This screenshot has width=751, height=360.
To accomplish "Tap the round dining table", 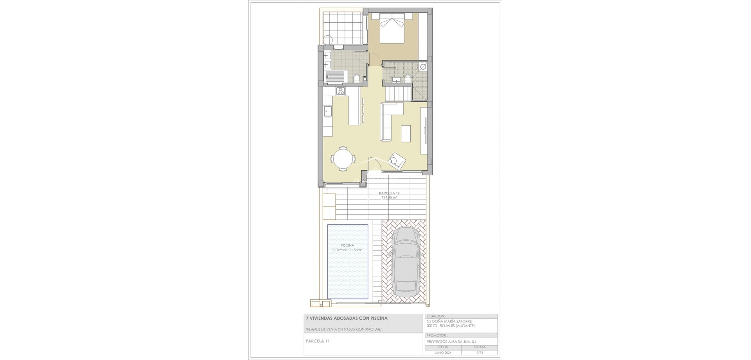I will click(70, 158).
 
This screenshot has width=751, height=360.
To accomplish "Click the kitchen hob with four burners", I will click(67, 91).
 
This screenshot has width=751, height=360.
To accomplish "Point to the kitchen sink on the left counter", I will click(54, 112).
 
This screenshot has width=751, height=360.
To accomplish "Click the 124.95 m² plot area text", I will click(389, 198).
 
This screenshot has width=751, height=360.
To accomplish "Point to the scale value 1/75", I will click(479, 352).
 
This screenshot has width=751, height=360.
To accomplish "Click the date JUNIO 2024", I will click(443, 352).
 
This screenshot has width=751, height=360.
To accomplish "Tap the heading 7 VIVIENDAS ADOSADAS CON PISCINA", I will click(347, 318).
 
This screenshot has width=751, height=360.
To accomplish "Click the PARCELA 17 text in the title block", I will click(318, 341).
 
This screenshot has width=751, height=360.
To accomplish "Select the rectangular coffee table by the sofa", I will click(406, 133).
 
